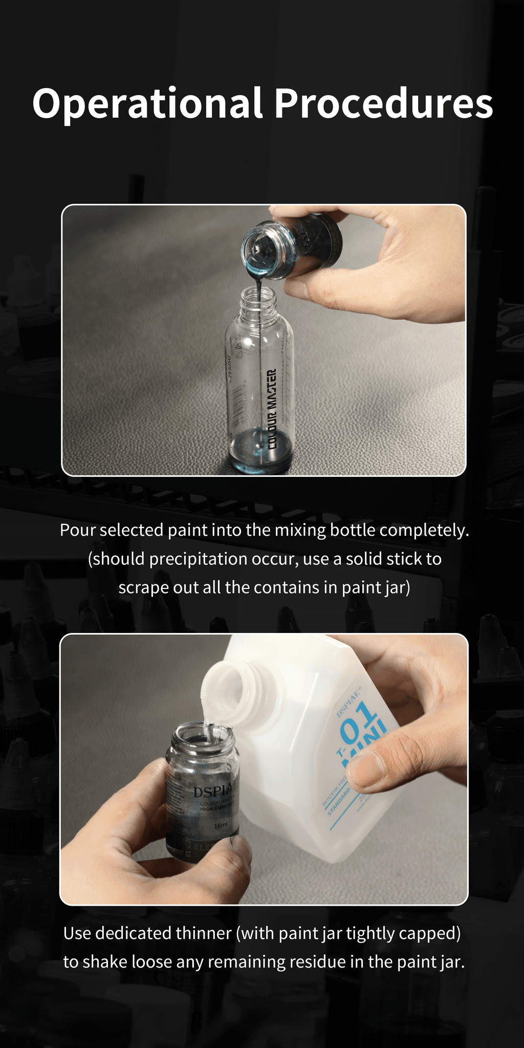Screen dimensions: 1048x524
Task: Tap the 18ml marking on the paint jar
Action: coord(220,825)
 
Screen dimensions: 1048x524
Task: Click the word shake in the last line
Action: coord(105,962)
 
